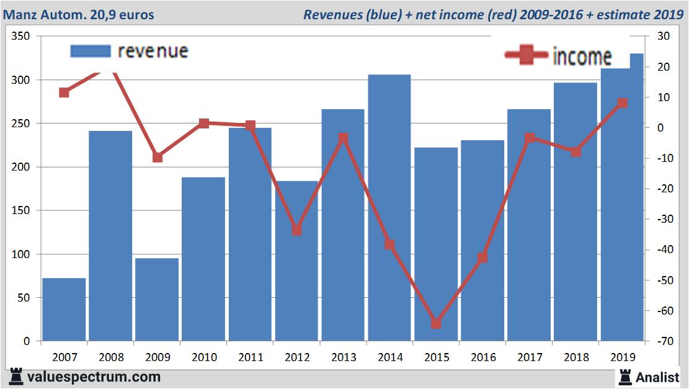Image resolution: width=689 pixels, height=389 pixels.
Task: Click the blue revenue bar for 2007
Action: click(x=64, y=310)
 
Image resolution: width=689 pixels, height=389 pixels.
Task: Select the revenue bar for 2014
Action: click(x=389, y=208)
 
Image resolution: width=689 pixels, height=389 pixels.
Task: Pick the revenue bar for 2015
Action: click(x=436, y=244)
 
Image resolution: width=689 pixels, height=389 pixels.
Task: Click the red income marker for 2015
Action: click(x=436, y=323)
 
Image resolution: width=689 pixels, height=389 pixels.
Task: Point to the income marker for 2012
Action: click(x=296, y=230)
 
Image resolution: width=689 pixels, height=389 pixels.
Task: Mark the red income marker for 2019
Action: click(x=623, y=103)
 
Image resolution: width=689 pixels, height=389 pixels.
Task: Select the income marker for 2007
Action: click(x=64, y=92)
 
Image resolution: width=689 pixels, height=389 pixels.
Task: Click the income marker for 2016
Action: click(x=482, y=257)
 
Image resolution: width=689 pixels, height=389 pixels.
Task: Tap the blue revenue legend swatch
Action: click(x=91, y=51)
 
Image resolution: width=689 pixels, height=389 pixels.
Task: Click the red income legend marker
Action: click(x=527, y=56)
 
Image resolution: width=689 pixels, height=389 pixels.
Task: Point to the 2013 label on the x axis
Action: click(x=344, y=357)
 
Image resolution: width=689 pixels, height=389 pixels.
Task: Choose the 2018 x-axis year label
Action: click(x=576, y=357)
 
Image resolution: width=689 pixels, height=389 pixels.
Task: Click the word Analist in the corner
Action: click(x=657, y=377)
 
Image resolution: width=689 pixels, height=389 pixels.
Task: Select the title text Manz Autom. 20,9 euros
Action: click(x=79, y=14)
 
